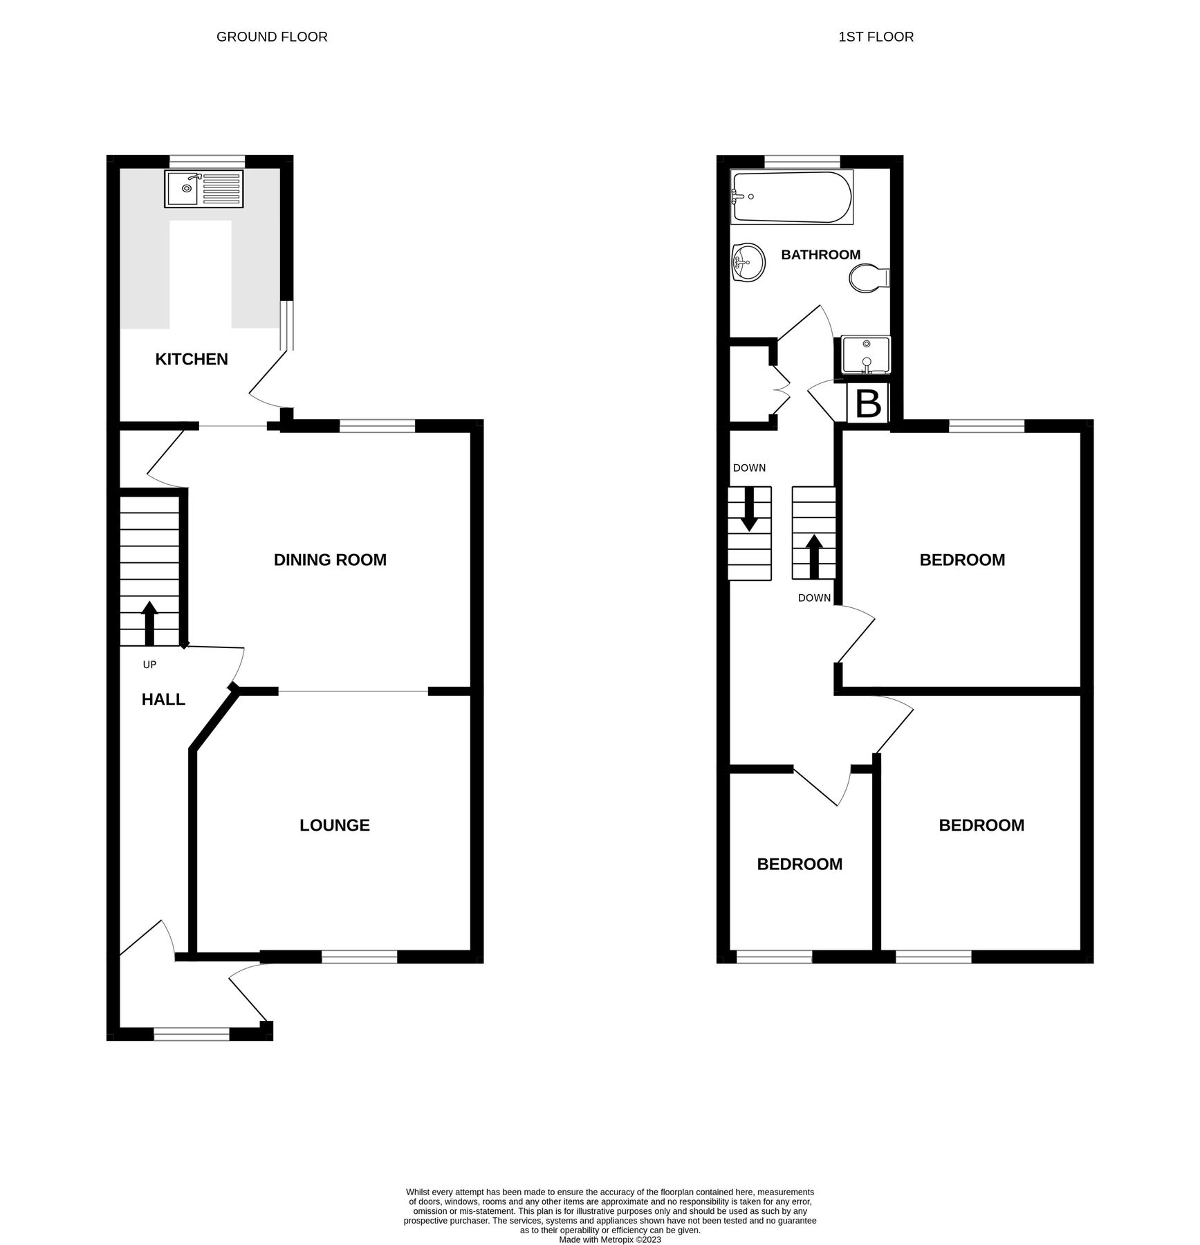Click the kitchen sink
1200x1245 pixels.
click(203, 189)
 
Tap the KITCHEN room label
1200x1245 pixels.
click(192, 359)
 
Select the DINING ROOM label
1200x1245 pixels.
click(330, 560)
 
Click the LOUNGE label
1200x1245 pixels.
click(335, 825)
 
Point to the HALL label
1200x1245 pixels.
click(163, 699)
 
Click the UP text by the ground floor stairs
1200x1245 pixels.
click(149, 665)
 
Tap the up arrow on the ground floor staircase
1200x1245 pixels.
click(149, 622)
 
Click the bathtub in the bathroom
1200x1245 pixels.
click(791, 197)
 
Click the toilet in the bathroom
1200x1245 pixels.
click(869, 278)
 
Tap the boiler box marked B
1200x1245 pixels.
click(868, 403)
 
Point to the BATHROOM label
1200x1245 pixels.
click(820, 255)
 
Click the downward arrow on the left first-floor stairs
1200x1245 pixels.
click(748, 508)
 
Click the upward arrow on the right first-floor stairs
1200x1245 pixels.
click(813, 556)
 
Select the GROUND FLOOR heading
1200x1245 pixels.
click(272, 37)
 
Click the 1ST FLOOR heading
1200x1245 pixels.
click(876, 37)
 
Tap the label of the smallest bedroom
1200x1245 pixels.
click(800, 864)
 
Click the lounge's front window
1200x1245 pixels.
click(360, 957)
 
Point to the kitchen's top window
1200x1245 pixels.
click(208, 161)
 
